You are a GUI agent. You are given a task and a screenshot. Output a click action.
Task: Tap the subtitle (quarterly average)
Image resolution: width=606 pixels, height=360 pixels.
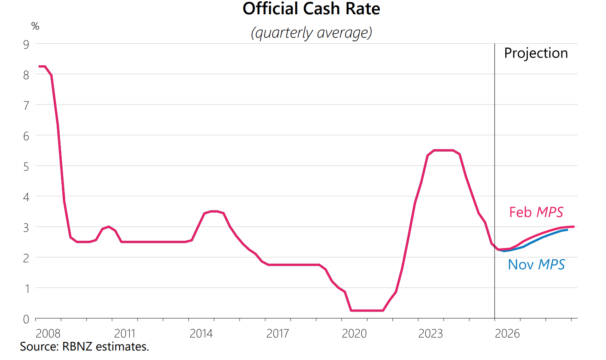311,33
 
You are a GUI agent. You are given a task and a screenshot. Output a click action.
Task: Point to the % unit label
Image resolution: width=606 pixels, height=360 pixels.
35,26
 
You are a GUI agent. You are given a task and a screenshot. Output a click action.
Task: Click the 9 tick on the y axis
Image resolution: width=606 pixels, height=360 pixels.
26,44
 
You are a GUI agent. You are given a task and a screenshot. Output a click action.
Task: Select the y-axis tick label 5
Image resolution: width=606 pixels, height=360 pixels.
26,166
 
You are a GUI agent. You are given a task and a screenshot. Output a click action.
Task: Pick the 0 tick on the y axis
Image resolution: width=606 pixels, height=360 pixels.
26,319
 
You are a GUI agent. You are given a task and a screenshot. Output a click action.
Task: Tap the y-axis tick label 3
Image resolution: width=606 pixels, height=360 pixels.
26,227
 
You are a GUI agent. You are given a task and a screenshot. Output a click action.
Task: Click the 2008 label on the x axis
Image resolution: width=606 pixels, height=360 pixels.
48,334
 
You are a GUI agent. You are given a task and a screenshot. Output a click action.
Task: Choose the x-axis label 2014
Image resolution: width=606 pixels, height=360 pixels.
201,334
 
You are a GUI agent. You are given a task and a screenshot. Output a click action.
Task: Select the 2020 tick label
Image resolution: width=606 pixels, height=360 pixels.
354,334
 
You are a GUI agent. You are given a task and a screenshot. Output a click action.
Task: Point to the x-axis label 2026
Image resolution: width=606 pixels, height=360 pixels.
507,334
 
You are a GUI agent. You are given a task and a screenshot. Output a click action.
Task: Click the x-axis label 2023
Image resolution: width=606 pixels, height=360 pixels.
431,334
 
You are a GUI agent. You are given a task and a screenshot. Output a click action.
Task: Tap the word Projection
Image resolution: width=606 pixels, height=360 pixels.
536,53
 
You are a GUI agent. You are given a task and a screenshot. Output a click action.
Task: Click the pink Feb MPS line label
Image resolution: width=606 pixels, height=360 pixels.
536,212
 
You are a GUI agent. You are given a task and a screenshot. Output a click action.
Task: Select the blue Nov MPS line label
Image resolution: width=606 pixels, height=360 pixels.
536,264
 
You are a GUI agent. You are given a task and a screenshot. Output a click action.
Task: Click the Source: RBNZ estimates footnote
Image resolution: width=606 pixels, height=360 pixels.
84,347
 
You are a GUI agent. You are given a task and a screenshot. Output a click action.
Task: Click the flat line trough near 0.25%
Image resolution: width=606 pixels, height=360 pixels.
367,310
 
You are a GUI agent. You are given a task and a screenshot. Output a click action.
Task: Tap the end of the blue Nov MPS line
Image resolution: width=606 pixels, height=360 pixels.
567,229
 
